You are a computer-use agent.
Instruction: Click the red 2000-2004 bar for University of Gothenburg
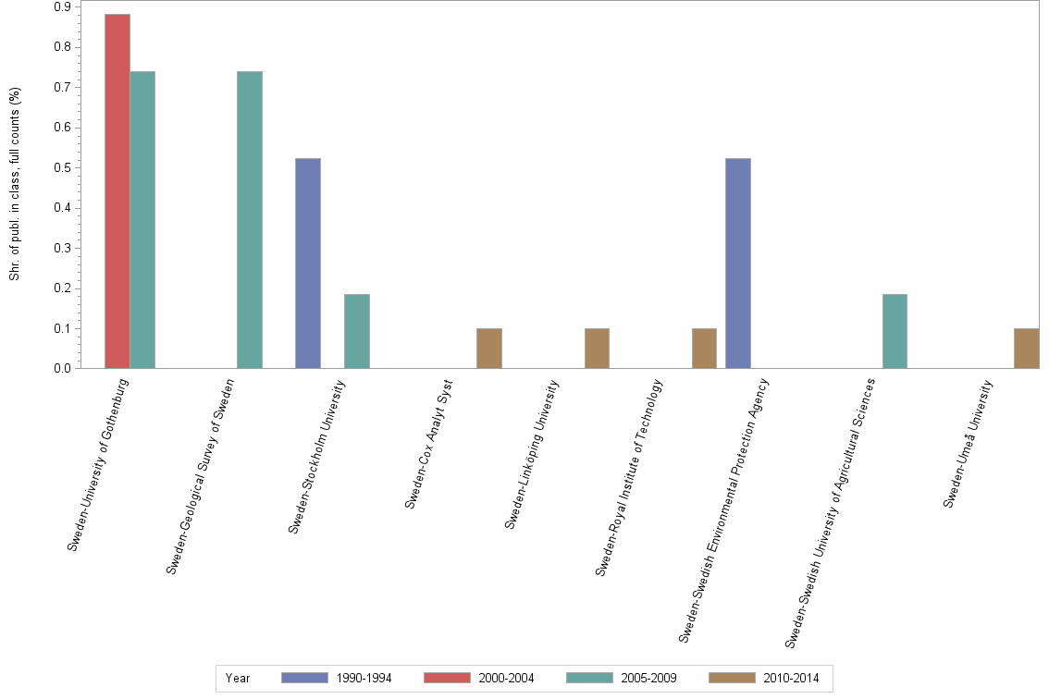pos(117,191)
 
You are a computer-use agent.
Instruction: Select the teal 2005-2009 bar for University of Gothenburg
pos(142,220)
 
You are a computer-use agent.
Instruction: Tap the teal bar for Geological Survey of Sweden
pos(250,220)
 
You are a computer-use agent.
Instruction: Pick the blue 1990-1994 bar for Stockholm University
pos(308,264)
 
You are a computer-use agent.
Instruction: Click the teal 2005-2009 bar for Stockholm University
pos(357,331)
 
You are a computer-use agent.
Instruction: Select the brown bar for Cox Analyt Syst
pos(489,349)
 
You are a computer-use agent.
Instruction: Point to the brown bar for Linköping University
pos(597,349)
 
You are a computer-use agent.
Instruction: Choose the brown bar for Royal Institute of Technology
pos(704,349)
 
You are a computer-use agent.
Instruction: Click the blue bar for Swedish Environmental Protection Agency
pos(738,264)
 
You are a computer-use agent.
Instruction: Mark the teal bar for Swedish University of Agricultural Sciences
pos(895,331)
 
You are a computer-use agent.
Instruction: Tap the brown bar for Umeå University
pos(1027,349)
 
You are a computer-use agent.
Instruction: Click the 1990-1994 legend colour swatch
pos(304,678)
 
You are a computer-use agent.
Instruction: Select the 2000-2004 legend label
pos(506,678)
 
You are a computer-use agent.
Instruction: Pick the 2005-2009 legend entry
pos(648,678)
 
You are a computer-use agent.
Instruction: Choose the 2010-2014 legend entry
pos(791,678)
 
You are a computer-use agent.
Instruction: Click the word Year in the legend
pos(238,678)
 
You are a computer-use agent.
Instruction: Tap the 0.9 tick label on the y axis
pos(63,6)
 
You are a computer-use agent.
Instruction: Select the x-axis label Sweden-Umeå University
pos(968,444)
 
